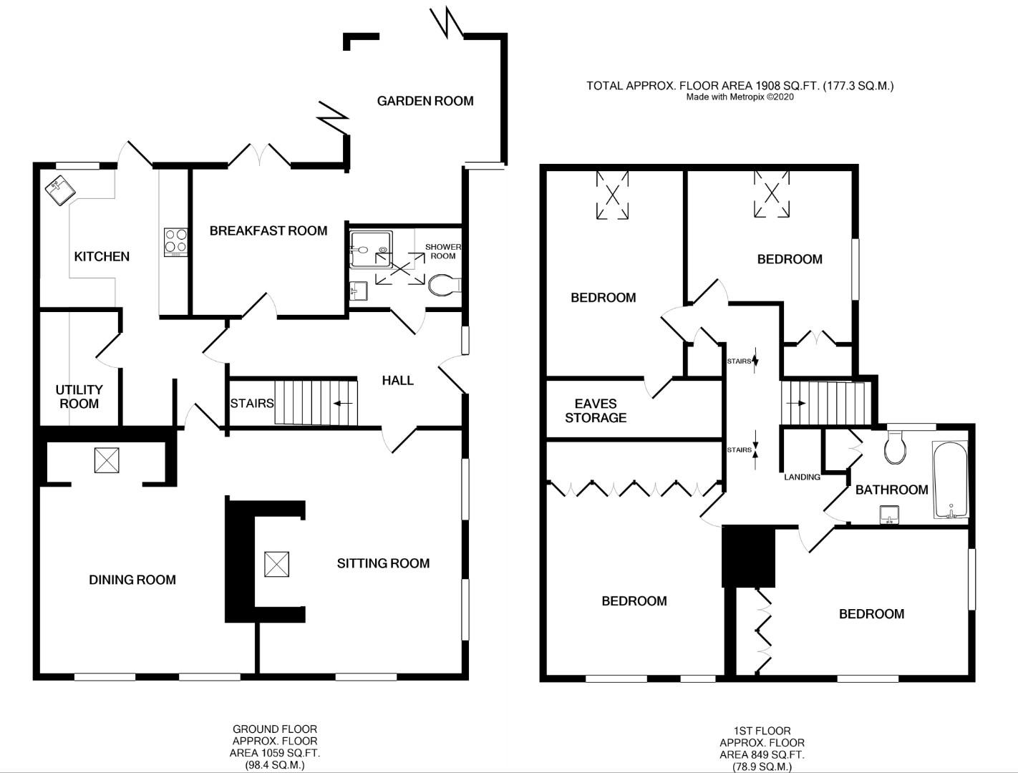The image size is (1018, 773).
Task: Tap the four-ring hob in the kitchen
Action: (175, 241)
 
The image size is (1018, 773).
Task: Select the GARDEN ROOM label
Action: (425, 101)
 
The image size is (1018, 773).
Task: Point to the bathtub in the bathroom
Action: (950, 480)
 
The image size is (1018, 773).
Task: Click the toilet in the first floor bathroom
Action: (895, 447)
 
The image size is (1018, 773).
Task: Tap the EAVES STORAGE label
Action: (595, 411)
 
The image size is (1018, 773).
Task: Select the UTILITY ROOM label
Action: (79, 397)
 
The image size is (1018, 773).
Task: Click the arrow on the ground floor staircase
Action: (343, 403)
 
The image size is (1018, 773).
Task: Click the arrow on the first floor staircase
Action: (795, 403)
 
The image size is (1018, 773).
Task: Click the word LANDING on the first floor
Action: (802, 477)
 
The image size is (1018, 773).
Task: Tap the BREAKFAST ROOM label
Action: (268, 230)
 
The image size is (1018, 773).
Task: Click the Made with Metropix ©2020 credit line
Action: (740, 97)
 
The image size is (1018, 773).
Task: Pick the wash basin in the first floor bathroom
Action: (889, 514)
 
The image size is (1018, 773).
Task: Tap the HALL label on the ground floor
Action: (397, 380)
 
